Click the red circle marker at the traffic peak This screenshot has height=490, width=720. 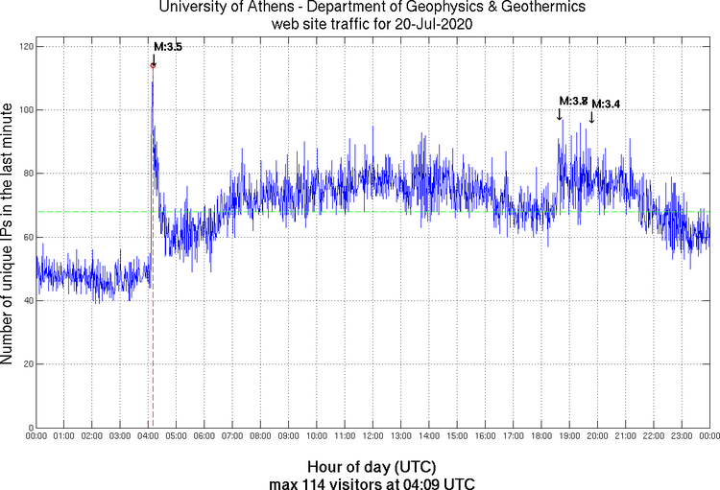pos(153,65)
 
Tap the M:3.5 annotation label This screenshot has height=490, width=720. pos(168,47)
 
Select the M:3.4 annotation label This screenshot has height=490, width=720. pos(606,104)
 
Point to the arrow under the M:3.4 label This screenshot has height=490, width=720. pos(591,117)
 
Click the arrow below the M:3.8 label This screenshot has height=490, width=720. pos(560,113)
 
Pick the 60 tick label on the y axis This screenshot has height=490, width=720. pos(26,237)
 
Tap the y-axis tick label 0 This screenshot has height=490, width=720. pos(29,428)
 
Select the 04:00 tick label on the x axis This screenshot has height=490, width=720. pos(148,436)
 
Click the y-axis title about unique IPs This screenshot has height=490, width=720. pos(8,236)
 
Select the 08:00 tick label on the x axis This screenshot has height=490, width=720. pos(260,436)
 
